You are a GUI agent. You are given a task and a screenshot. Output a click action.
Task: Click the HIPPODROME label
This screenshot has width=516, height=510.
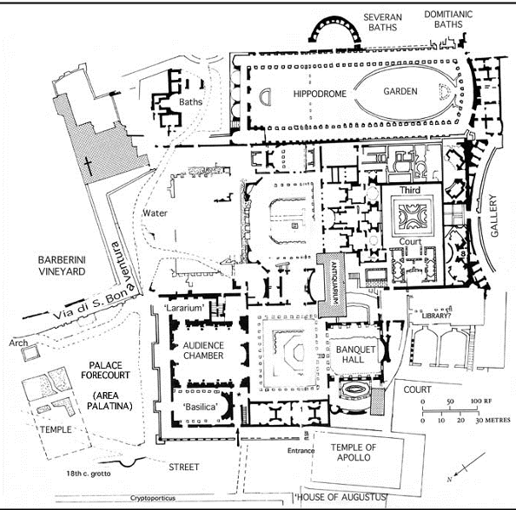[320, 94]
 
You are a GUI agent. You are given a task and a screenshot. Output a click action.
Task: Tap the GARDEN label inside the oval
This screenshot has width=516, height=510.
[400, 91]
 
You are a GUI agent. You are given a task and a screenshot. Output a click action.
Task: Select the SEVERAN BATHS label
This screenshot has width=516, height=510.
[383, 22]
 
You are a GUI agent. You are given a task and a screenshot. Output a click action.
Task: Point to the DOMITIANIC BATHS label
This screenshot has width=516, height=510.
[448, 19]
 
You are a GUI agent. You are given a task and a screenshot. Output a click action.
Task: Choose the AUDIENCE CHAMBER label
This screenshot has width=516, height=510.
[203, 350]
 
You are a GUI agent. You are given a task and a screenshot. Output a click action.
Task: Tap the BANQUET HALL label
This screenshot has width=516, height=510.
[355, 355]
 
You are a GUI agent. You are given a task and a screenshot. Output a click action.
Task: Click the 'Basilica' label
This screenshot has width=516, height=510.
[201, 407]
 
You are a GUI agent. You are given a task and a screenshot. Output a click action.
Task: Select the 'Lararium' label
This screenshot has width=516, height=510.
[183, 308]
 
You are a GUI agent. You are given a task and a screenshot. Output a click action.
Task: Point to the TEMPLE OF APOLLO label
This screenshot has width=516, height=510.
[354, 452]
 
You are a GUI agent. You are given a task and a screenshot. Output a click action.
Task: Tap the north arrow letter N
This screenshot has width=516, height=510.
[449, 480]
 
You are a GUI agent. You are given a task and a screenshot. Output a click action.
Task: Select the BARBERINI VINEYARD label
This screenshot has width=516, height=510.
[62, 265]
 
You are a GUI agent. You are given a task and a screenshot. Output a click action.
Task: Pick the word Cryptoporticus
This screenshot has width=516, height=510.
[153, 498]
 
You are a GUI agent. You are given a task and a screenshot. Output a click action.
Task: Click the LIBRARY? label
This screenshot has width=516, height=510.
[435, 316]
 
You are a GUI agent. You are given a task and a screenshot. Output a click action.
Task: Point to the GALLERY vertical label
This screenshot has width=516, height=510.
[493, 216]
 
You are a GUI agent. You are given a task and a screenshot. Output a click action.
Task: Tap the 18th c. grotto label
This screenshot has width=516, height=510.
[89, 474]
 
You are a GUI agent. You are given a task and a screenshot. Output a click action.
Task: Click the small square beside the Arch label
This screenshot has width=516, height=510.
[30, 354]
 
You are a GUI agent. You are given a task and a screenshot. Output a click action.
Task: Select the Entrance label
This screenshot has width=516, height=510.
[301, 450]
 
